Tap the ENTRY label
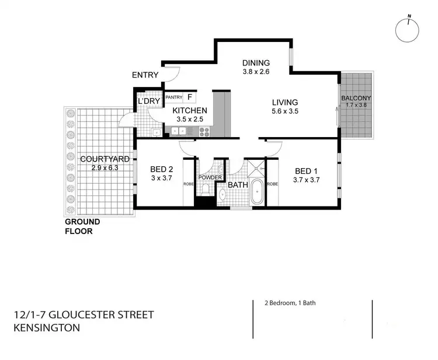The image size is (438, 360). point(145,75)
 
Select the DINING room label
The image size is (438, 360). point(256,63)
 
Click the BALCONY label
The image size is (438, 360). point(356,98)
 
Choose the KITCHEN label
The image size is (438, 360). point(189,110)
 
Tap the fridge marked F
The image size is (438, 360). point(190,97)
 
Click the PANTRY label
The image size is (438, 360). point(174,97)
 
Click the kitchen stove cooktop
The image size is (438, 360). point(205,132)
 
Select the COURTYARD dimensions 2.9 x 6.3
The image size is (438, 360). point(96,168)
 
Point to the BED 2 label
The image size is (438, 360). point(162,170)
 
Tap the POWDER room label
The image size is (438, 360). point(210,177)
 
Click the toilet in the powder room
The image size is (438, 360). point(205,189)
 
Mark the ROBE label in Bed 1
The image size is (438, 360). point(272,184)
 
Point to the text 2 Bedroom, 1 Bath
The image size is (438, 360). point(280,303)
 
